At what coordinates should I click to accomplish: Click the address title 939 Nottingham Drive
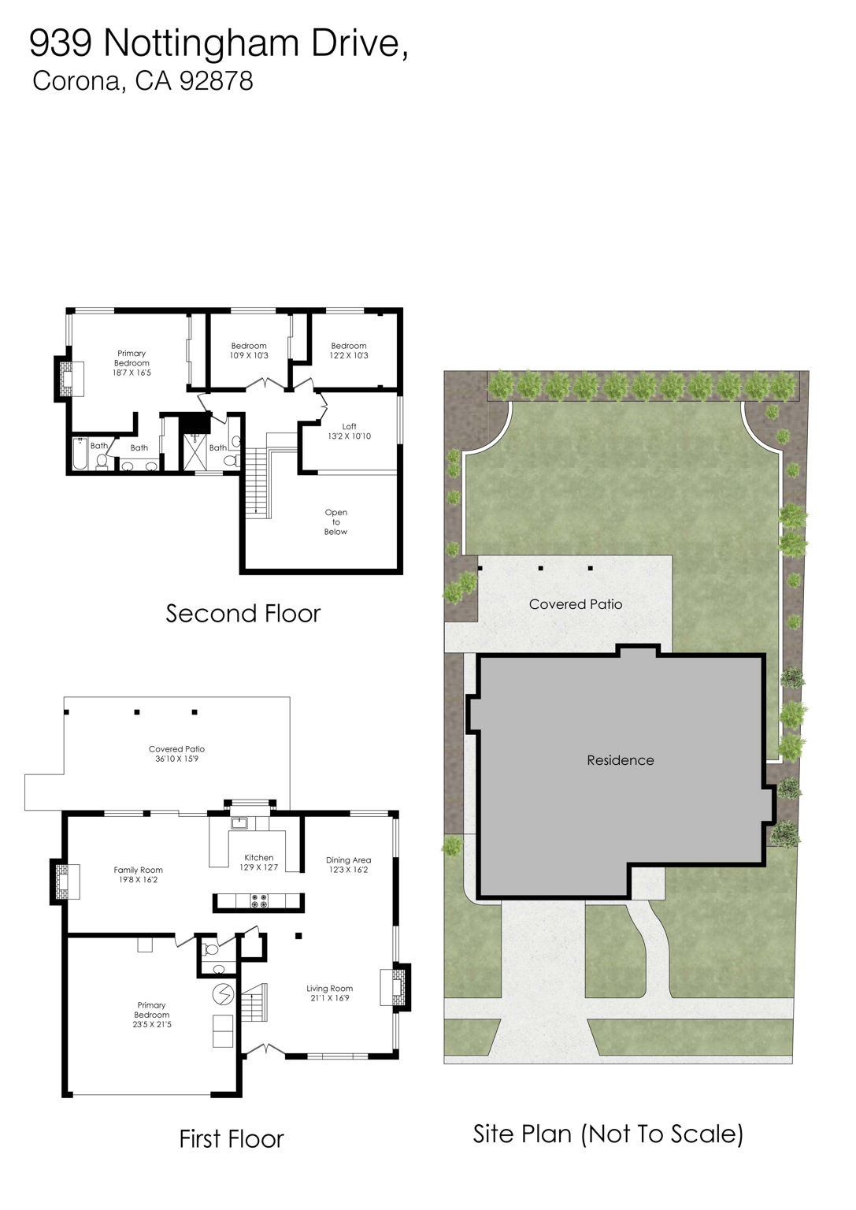(218, 43)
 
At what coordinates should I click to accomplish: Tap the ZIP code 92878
(216, 81)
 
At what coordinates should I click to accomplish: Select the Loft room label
(349, 431)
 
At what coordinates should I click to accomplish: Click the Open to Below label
(335, 521)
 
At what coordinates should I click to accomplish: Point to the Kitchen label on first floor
(258, 862)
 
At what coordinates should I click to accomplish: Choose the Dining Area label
(348, 864)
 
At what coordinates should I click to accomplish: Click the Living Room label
(329, 993)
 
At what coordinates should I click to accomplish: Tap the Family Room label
(138, 874)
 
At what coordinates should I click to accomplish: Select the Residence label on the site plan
(620, 760)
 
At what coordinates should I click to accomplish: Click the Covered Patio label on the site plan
(575, 604)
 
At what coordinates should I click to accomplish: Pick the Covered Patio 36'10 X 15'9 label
(176, 754)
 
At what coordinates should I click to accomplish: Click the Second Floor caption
(243, 614)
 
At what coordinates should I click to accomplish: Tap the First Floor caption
(231, 1138)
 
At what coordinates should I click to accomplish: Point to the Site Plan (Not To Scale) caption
(607, 1134)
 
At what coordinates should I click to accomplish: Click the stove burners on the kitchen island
(259, 902)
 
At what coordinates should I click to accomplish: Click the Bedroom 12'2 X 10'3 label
(349, 351)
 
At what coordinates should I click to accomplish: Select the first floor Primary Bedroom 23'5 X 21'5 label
(152, 1014)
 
